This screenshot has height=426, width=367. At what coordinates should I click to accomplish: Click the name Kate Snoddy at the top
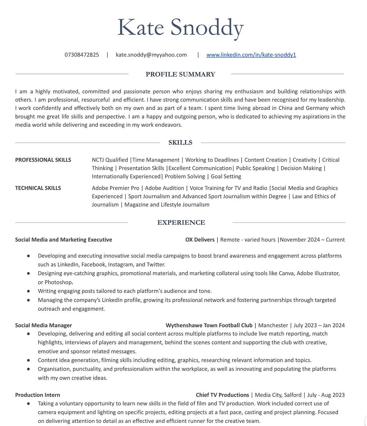tap(180, 28)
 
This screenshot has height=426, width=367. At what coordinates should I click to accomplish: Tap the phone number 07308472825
tap(82, 55)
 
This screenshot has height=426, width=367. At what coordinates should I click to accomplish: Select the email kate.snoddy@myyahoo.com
tap(151, 55)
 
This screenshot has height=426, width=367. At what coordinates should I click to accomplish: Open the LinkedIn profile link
tap(251, 55)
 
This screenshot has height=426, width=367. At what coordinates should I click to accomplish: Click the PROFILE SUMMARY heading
tap(180, 74)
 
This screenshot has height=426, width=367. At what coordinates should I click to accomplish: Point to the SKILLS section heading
tap(180, 143)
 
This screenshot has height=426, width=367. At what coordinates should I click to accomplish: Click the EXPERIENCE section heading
tap(181, 223)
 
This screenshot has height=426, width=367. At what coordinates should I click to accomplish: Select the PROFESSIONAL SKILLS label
tap(43, 160)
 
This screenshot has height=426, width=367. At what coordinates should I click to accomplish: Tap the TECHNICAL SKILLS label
tap(38, 188)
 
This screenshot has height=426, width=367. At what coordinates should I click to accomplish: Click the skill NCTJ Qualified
tap(110, 160)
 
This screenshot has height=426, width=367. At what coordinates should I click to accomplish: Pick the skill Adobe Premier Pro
tap(115, 188)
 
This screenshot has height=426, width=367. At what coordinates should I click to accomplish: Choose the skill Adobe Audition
tap(165, 188)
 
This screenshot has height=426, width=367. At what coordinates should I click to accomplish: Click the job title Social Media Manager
tap(43, 325)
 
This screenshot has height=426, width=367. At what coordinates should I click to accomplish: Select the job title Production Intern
tap(38, 395)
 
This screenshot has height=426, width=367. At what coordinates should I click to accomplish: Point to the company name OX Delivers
tap(200, 240)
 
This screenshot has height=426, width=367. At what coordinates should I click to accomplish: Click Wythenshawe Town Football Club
tap(209, 325)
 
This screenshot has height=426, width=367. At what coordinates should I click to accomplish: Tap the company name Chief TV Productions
tap(222, 395)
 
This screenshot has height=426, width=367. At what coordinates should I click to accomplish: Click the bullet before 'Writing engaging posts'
tap(28, 291)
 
